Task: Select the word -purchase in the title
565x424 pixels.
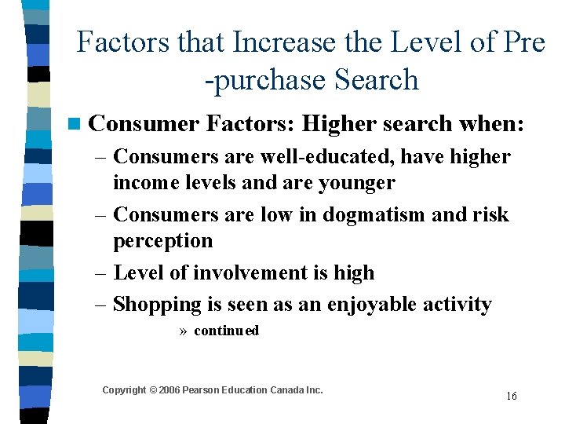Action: point(264,79)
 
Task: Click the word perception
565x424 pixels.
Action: point(162,240)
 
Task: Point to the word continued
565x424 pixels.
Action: point(226,331)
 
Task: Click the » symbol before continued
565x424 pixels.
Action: point(183,331)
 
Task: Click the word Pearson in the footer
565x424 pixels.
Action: point(202,390)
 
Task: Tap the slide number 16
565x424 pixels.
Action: point(511,396)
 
